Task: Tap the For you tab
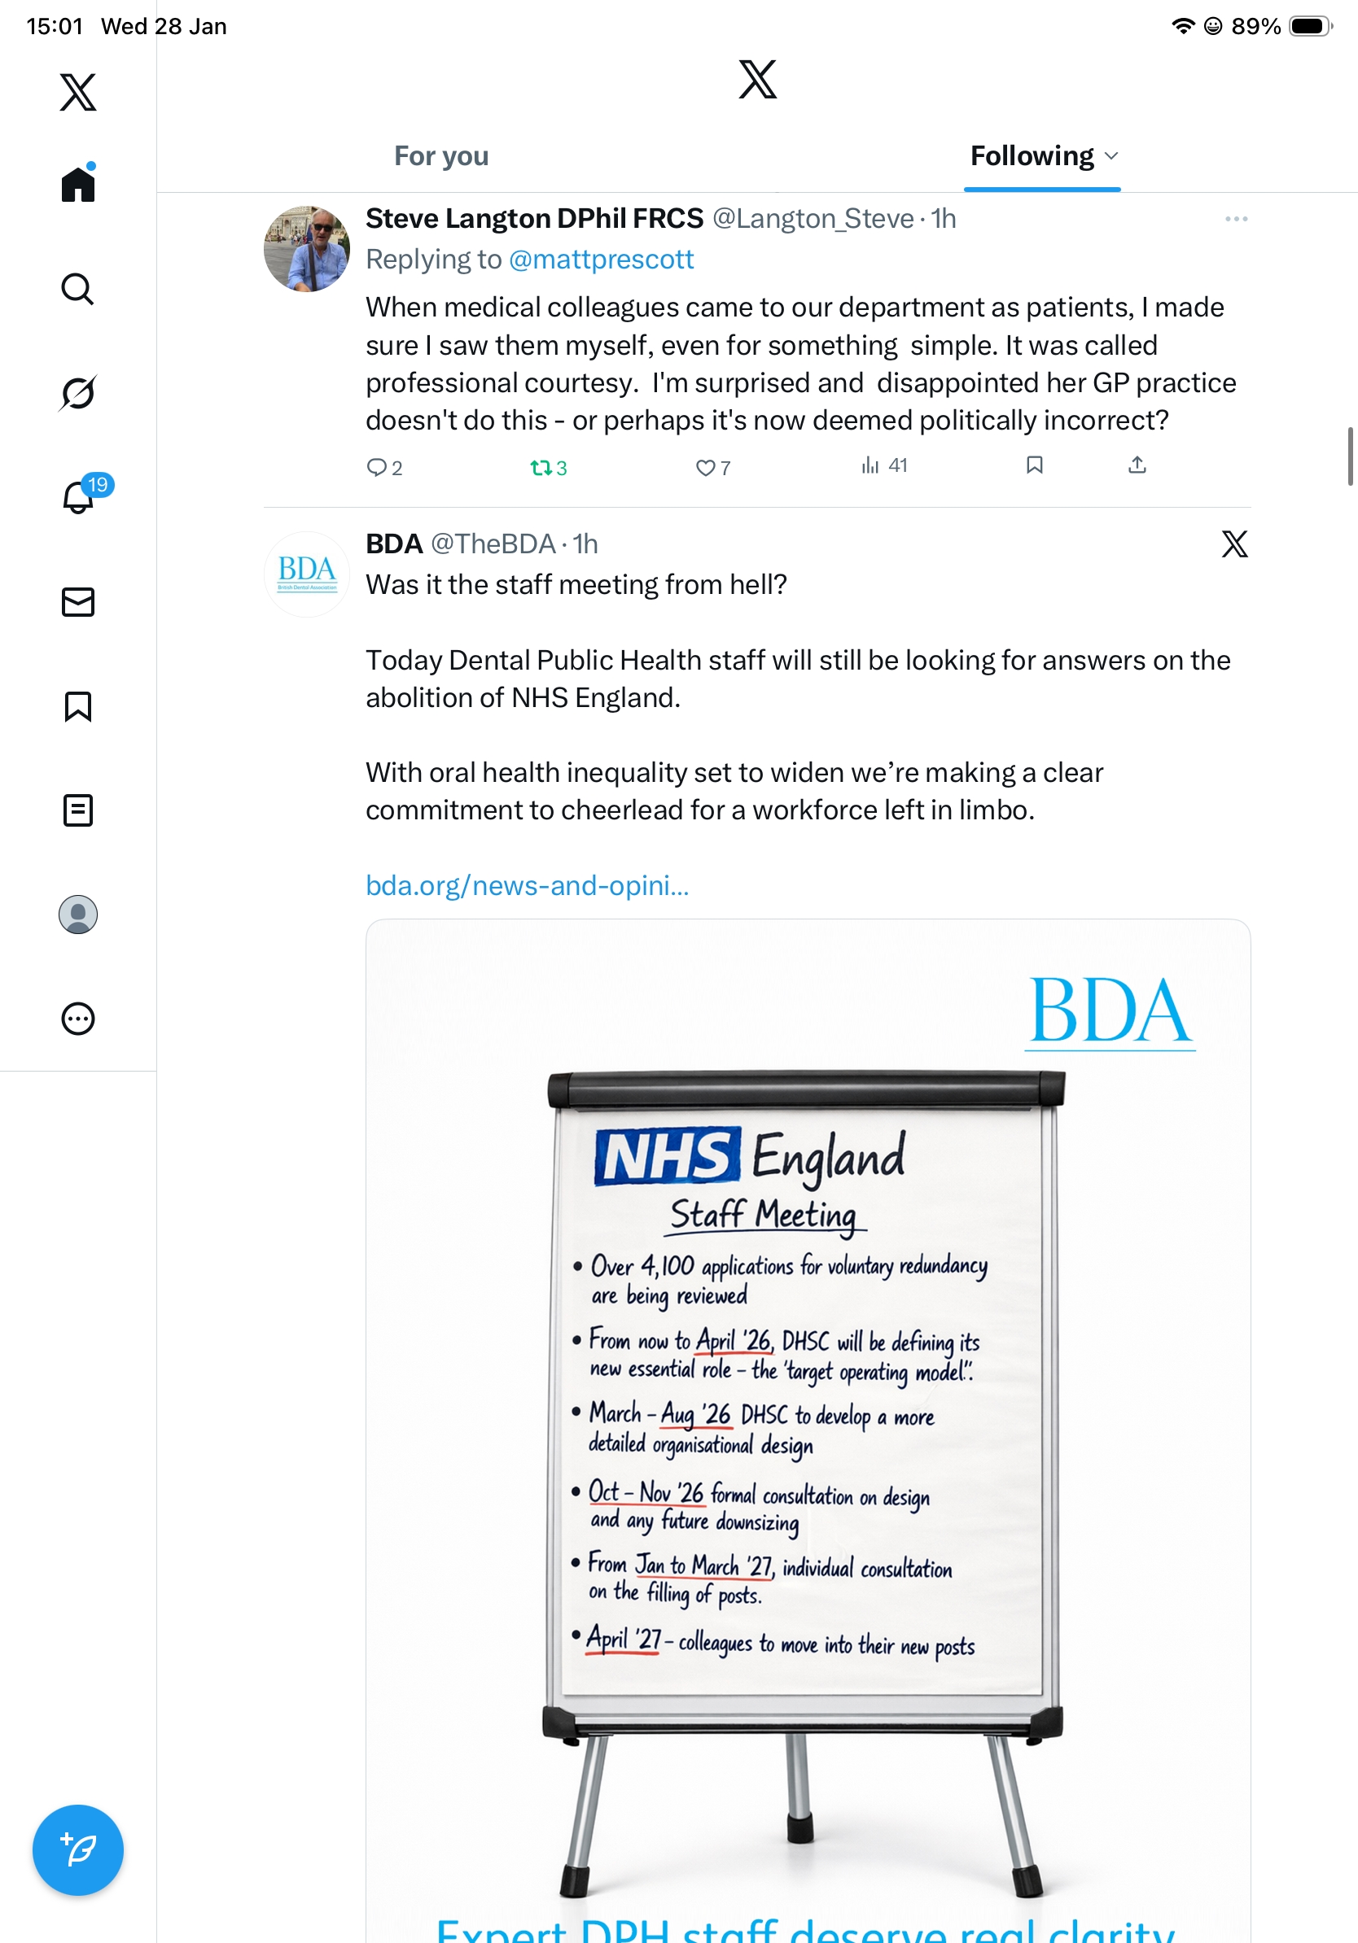pyautogui.click(x=441, y=156)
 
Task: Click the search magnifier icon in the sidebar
pyautogui.click(x=78, y=290)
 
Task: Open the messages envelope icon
pyautogui.click(x=78, y=603)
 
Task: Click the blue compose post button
pyautogui.click(x=78, y=1850)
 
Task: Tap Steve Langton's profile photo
pyautogui.click(x=306, y=249)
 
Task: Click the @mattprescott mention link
pyautogui.click(x=600, y=260)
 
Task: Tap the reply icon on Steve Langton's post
pyautogui.click(x=376, y=467)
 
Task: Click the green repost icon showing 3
pyautogui.click(x=541, y=467)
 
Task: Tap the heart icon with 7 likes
pyautogui.click(x=704, y=467)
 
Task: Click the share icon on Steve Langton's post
pyautogui.click(x=1137, y=465)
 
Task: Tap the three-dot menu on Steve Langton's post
pyautogui.click(x=1236, y=219)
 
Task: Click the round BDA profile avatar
pyautogui.click(x=306, y=574)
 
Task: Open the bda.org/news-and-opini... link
pyautogui.click(x=527, y=885)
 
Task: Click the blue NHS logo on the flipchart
pyautogui.click(x=667, y=1156)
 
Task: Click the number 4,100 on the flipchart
pyautogui.click(x=667, y=1266)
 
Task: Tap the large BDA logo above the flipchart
pyautogui.click(x=1109, y=1011)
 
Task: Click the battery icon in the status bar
pyautogui.click(x=1309, y=26)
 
